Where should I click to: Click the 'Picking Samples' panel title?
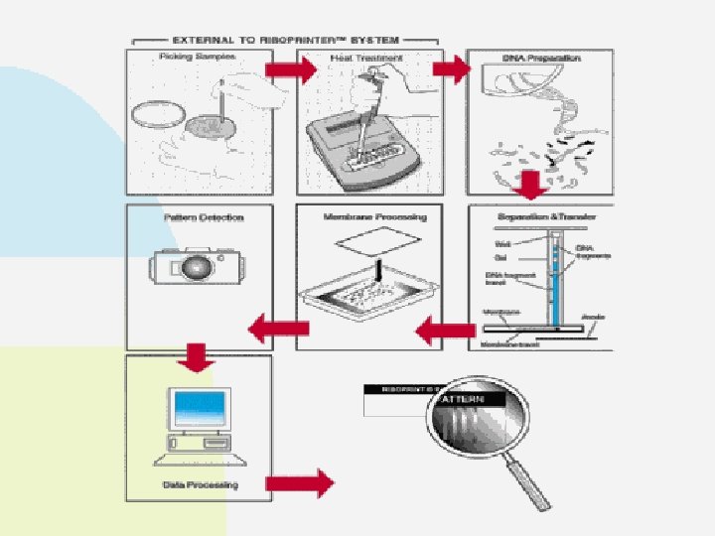[195, 58]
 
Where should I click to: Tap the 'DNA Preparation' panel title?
[541, 59]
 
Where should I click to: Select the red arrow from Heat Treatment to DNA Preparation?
[453, 69]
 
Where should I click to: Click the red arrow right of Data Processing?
[300, 483]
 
